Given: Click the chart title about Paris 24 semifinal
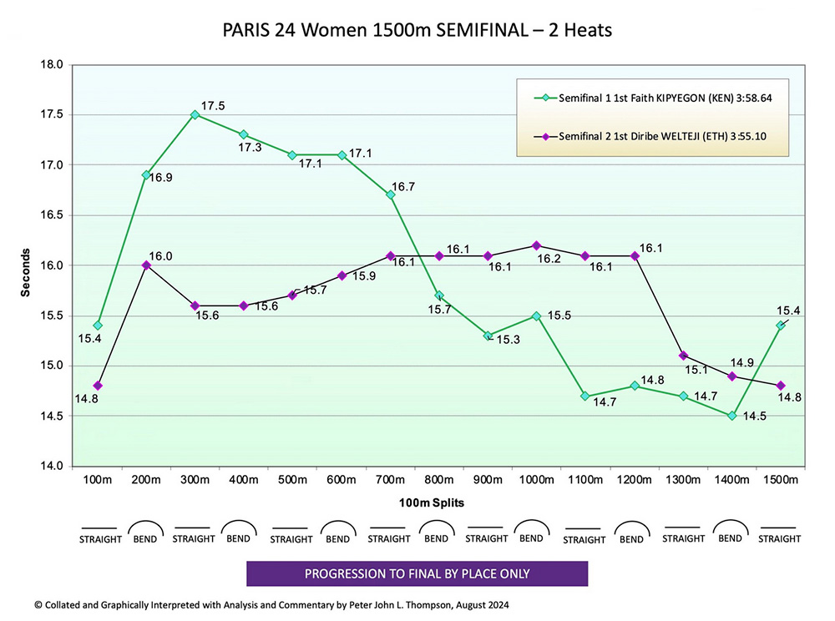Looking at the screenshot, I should [x=417, y=31].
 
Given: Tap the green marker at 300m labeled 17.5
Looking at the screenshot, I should [x=195, y=115].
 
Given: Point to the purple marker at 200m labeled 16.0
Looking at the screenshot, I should [x=146, y=265].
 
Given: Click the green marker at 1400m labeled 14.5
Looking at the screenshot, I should [x=732, y=416].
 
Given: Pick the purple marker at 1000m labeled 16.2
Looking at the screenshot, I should [x=537, y=245].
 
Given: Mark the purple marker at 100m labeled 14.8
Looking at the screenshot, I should [x=98, y=386].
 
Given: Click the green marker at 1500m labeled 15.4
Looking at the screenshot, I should [x=781, y=326].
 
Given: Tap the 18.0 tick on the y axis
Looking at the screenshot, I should [x=51, y=65].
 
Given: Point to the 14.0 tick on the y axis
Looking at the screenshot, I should [x=51, y=466].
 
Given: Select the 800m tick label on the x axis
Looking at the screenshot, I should [x=439, y=480].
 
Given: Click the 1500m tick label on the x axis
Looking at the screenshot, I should [x=780, y=480].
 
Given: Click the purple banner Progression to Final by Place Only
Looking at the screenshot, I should [x=417, y=573].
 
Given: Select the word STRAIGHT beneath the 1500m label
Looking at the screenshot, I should [x=779, y=539].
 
